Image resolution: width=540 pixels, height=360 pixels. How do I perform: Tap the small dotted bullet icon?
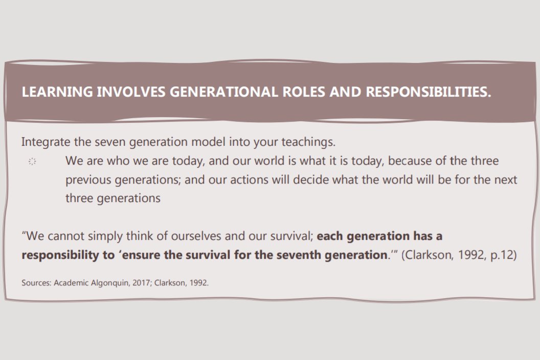coord(32,162)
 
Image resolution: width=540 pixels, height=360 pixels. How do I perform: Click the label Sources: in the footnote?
coord(36,282)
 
